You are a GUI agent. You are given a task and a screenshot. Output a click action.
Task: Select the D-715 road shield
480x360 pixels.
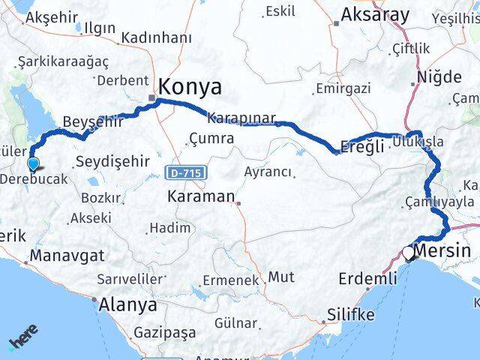(182, 173)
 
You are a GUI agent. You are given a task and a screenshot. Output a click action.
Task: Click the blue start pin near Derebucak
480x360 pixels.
(32, 164)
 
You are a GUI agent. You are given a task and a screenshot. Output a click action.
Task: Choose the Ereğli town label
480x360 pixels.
(361, 146)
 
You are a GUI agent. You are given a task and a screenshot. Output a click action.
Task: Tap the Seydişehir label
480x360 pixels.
(112, 161)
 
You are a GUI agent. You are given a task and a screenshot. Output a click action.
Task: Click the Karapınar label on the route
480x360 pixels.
(241, 118)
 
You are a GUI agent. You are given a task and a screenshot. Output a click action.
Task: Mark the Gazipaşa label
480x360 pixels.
(162, 331)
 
